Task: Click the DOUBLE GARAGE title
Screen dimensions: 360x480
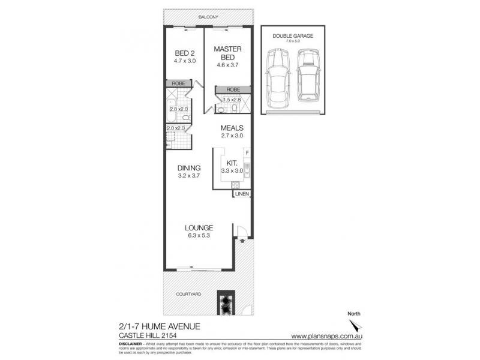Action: pyautogui.click(x=293, y=36)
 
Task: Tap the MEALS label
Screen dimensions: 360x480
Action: pyautogui.click(x=232, y=128)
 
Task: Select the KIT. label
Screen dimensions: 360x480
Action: pyautogui.click(x=232, y=163)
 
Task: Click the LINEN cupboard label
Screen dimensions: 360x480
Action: pyautogui.click(x=241, y=194)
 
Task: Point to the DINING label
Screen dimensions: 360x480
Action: pyautogui.click(x=188, y=168)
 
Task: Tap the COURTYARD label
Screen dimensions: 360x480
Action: pyautogui.click(x=188, y=294)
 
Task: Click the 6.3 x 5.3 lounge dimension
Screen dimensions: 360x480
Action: pyautogui.click(x=199, y=235)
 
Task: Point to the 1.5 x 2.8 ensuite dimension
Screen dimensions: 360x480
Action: pyautogui.click(x=232, y=100)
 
